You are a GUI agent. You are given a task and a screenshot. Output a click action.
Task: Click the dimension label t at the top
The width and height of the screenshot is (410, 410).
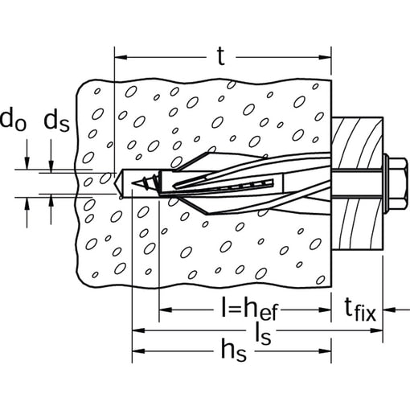click(221, 56)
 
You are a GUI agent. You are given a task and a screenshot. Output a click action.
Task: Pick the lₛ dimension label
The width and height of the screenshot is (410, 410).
click(263, 333)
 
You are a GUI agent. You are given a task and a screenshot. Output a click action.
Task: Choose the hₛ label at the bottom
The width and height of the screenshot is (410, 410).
click(233, 351)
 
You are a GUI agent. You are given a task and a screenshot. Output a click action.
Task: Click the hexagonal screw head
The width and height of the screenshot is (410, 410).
click(398, 184)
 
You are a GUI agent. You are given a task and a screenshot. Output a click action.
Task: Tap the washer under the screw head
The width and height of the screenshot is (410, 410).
click(385, 184)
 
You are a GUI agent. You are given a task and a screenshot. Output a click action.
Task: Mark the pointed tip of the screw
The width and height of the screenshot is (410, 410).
click(132, 183)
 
